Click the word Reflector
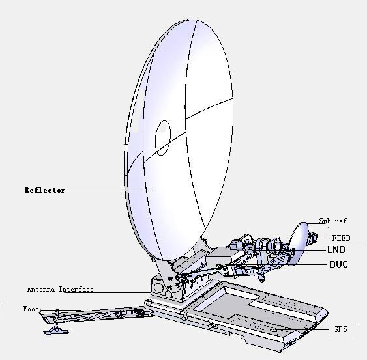point(44,190)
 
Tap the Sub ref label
point(332,221)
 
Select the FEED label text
point(341,238)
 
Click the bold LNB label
point(336,250)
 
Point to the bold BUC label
point(338,264)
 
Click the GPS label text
point(340,329)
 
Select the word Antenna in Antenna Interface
point(42,289)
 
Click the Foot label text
point(31,309)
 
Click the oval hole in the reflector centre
point(162,137)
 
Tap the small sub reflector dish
point(299,243)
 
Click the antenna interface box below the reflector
point(160,286)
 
